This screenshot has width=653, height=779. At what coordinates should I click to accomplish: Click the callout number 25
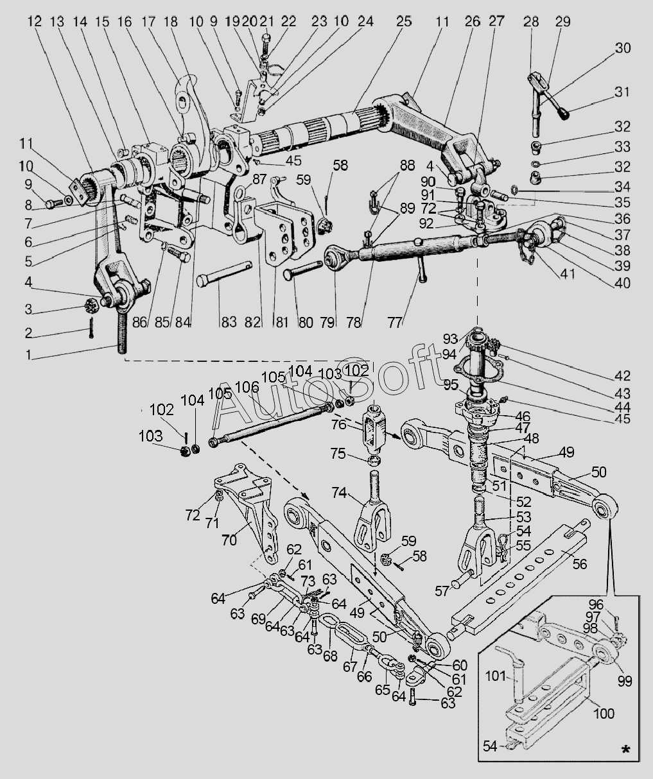click(404, 21)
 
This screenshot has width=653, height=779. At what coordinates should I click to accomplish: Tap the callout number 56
click(579, 564)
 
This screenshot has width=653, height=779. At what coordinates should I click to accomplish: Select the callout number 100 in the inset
click(604, 713)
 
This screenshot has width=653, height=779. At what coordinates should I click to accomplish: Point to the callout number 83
click(229, 321)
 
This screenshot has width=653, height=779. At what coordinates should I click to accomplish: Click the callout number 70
click(229, 540)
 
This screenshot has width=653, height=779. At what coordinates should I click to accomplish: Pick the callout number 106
click(248, 388)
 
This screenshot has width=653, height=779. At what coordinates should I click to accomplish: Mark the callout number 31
click(622, 92)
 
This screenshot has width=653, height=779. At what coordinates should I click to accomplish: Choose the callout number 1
click(28, 355)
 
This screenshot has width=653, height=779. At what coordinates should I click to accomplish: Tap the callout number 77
click(395, 321)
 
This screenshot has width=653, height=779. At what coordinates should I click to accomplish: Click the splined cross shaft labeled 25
click(317, 130)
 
